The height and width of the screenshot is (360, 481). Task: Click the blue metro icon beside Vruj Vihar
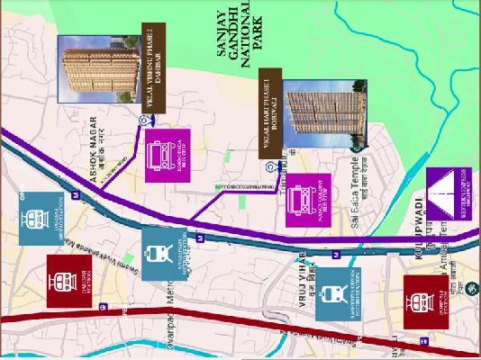pyautogui.click(x=337, y=292)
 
